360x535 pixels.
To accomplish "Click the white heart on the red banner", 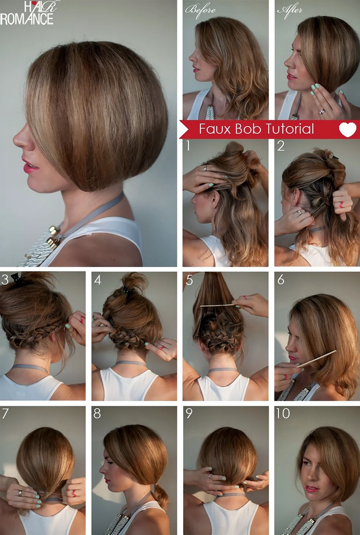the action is (x=347, y=130).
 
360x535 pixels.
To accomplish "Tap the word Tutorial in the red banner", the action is (x=289, y=129).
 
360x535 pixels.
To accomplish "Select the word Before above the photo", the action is (x=200, y=10).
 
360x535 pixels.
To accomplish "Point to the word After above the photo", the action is (x=289, y=10).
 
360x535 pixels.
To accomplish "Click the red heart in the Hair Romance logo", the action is (x=34, y=3).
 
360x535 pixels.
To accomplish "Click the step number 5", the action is (x=189, y=280).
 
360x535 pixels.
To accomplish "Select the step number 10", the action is (x=283, y=413).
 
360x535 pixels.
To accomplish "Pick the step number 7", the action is (x=5, y=413).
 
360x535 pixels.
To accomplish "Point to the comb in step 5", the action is (x=217, y=305).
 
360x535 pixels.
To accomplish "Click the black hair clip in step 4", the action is (x=127, y=291).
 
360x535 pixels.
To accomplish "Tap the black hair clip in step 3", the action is (x=17, y=277).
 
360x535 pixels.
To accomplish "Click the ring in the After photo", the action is (x=322, y=111).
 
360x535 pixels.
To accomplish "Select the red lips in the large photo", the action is (x=30, y=166).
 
